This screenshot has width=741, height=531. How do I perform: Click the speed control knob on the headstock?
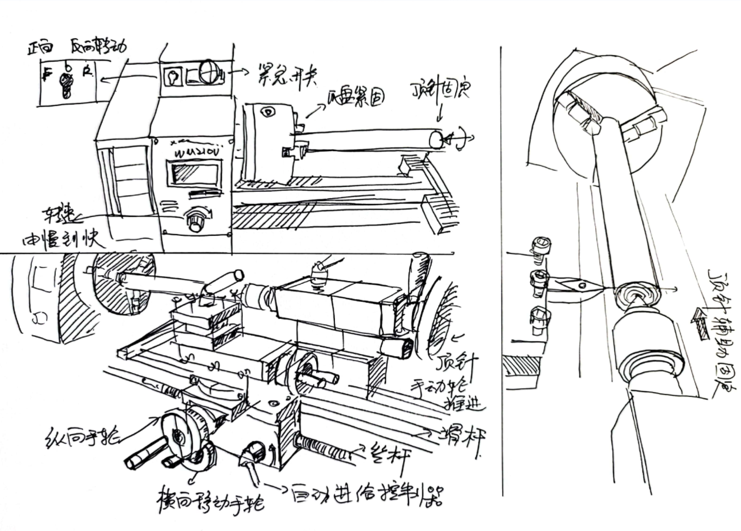point(196,221)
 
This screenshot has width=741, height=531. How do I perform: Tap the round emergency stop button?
point(209,72)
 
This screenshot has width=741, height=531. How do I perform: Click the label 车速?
point(54,215)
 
